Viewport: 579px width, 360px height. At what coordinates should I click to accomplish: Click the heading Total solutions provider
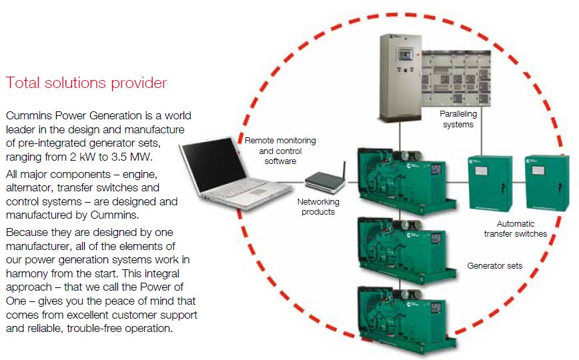(87, 83)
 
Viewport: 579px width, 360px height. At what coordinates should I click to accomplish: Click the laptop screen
(213, 166)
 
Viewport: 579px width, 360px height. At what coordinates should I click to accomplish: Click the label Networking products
(318, 207)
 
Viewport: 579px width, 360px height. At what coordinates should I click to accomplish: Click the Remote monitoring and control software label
(280, 151)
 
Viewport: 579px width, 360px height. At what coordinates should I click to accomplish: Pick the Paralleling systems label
(458, 119)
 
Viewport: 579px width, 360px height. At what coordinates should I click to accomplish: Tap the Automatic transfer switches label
(516, 229)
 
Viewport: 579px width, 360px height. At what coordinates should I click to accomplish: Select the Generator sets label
(495, 266)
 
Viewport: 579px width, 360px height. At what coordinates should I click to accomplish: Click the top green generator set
(406, 181)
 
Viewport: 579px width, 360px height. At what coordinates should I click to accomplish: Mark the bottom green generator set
(406, 318)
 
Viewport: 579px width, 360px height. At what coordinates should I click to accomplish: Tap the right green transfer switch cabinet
(547, 183)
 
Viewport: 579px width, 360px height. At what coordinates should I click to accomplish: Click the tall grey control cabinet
(401, 77)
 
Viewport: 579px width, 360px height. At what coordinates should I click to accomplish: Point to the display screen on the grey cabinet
(405, 55)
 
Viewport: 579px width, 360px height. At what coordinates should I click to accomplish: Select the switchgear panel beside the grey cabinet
(456, 78)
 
